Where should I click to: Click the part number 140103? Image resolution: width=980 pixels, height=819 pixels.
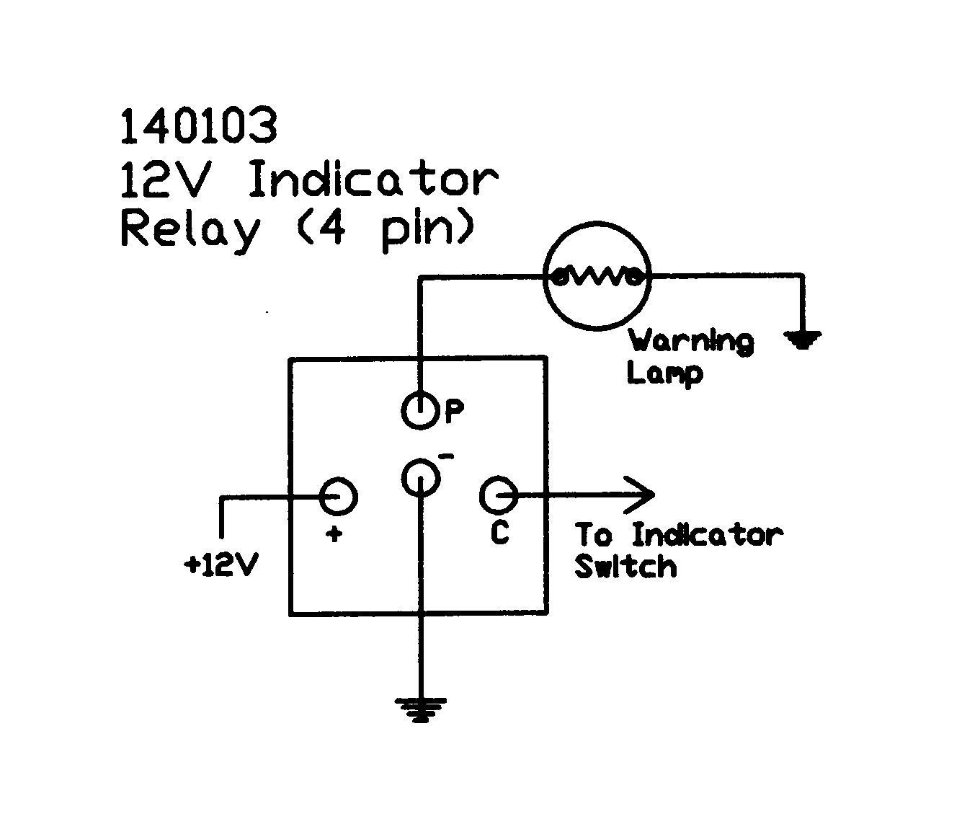click(x=198, y=126)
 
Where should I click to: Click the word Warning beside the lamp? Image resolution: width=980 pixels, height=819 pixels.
click(x=691, y=341)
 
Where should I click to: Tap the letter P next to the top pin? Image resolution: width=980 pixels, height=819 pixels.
click(x=454, y=412)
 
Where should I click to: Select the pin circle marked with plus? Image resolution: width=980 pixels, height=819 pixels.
click(x=339, y=495)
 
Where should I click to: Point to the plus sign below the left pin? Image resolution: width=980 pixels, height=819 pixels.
click(x=334, y=534)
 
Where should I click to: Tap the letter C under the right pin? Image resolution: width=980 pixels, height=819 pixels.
click(x=499, y=533)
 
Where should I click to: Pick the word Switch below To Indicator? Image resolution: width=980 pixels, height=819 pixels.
click(x=625, y=567)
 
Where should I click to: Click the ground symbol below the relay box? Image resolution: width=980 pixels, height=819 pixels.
click(x=420, y=709)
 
